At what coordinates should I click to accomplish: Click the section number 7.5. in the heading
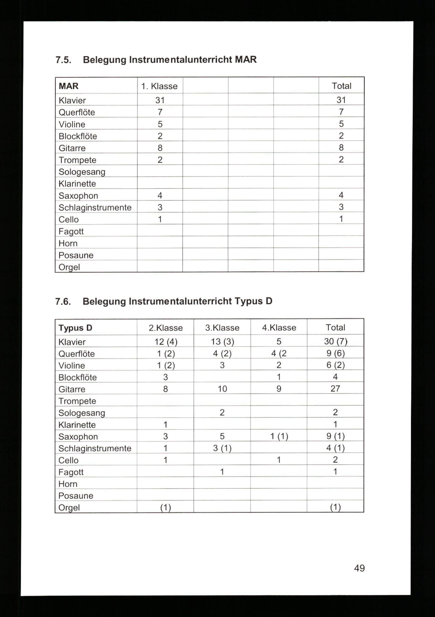click(x=63, y=60)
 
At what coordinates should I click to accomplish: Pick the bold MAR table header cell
click(x=69, y=86)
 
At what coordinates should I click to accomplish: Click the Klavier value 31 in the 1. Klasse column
click(x=160, y=100)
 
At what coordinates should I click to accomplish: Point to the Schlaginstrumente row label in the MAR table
click(x=95, y=207)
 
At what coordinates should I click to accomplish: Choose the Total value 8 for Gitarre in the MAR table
click(x=341, y=147)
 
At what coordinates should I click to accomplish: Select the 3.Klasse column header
click(x=222, y=328)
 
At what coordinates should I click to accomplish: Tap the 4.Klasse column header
click(x=279, y=328)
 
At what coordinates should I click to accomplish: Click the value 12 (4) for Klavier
click(x=166, y=342)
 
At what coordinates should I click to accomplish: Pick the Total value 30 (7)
click(x=335, y=341)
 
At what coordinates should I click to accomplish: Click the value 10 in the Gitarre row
click(x=222, y=389)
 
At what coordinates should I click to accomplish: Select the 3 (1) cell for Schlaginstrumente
click(x=222, y=448)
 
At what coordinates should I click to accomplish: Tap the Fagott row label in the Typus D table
click(x=71, y=472)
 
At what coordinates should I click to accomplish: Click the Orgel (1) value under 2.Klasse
click(x=166, y=507)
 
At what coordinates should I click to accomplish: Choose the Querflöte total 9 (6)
click(x=335, y=353)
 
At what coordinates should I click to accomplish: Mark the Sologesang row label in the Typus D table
click(x=82, y=413)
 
